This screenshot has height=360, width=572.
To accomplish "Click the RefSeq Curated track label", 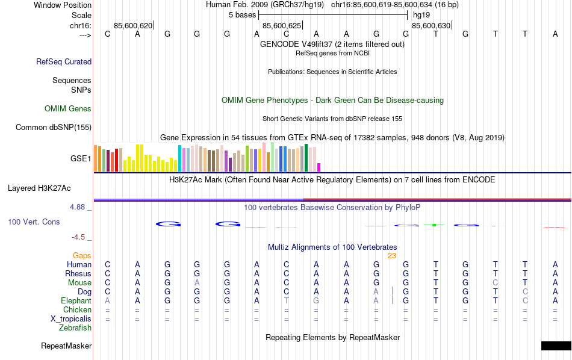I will pos(64,61).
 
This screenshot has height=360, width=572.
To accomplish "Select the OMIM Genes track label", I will pos(68,109).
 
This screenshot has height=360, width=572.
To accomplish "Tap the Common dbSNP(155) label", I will pos(54,127).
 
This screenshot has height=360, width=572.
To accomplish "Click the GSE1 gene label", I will pos(81,159).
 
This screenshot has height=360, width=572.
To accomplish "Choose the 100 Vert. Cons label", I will pos(34,222).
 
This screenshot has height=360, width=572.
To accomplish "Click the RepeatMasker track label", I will pos(66,346).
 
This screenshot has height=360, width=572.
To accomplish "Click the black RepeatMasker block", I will pos(556,346).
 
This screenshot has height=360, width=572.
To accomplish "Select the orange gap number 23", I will pos(391,255).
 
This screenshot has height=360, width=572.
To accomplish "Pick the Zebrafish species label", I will pos(75,328).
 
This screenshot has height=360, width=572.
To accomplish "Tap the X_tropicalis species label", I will pos(70,319).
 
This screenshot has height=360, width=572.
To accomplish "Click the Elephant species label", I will pos(76,300).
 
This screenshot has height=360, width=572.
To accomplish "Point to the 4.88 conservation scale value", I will pos(78,207).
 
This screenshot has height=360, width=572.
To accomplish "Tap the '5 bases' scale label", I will pos(243,14).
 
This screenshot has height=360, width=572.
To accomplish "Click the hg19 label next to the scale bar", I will pos(421,14).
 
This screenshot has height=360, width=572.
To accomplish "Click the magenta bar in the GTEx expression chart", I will pos(319,167).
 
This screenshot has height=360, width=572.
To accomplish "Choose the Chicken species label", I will pos(78,310).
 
